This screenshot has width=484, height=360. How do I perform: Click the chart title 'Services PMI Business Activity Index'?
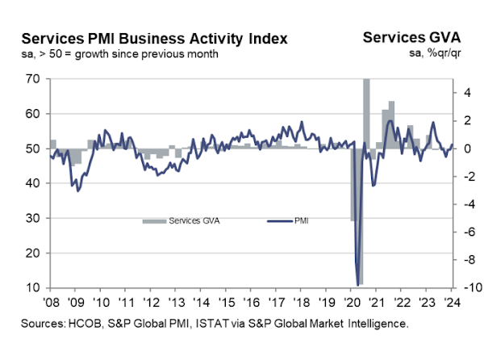pos(154,39)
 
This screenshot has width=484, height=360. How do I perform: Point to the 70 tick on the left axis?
pos(32,79)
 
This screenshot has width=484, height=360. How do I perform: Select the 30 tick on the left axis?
pos(32,218)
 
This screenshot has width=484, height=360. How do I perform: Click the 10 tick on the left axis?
pos(32,288)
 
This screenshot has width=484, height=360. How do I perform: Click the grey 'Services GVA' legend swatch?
pos(155,220)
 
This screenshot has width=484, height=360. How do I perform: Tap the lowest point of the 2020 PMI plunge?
pos(357,284)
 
